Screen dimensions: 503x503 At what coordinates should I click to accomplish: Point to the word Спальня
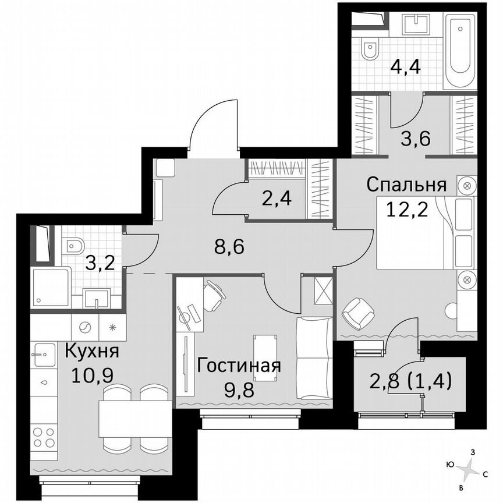[406, 185]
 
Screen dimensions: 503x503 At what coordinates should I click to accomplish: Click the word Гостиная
[239, 366]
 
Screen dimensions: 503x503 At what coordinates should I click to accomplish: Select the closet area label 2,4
[276, 199]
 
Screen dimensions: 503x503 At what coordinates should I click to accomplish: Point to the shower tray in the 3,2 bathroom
[51, 289]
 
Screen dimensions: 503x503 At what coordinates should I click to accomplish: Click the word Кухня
[91, 352]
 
